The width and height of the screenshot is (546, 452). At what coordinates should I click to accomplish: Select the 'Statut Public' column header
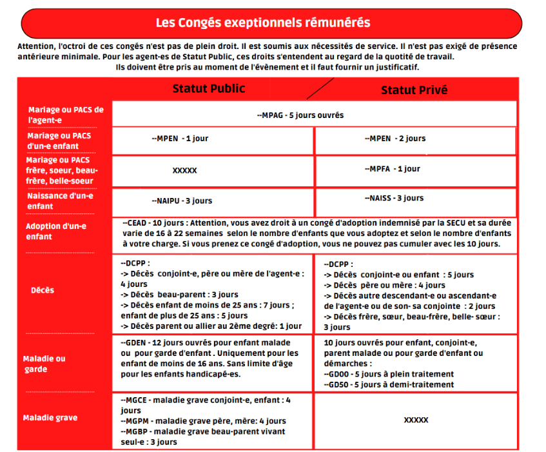tap(208, 89)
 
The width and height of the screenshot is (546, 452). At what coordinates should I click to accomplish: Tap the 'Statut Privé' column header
tap(414, 90)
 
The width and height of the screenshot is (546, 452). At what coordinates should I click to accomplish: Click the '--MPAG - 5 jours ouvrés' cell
tap(300, 115)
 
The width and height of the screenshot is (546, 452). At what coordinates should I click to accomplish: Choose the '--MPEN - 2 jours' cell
tap(395, 139)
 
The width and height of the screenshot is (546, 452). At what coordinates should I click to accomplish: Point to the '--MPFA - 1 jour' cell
tap(391, 169)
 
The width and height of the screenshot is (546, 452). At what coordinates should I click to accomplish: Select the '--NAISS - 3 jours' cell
tap(393, 199)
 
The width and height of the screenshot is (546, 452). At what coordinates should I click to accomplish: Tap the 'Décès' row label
tap(43, 290)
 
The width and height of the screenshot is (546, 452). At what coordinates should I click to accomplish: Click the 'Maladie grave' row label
tap(50, 418)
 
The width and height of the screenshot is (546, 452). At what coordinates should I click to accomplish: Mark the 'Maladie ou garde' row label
tap(44, 364)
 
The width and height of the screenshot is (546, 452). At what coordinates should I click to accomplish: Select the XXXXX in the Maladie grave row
tap(416, 420)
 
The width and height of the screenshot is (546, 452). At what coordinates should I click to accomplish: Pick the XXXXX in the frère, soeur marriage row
tap(184, 171)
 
